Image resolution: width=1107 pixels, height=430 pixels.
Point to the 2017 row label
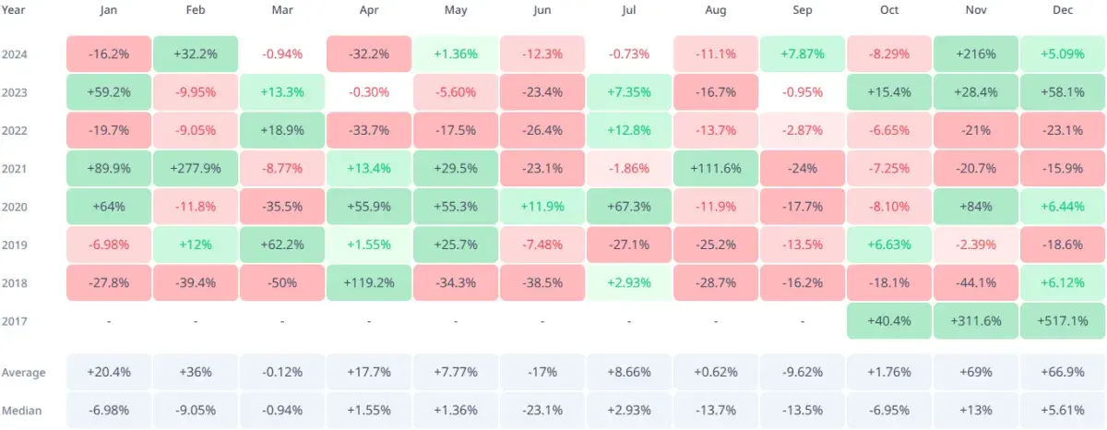pyautogui.click(x=16, y=321)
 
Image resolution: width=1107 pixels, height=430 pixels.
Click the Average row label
pyautogui.click(x=23, y=373)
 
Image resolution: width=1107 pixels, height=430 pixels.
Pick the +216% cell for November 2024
pyautogui.click(x=976, y=54)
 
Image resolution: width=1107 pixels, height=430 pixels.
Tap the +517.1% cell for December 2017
pyautogui.click(x=1063, y=321)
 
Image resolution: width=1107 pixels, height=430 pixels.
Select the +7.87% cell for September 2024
pyautogui.click(x=803, y=54)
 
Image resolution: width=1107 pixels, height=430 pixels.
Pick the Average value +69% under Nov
pyautogui.click(x=976, y=373)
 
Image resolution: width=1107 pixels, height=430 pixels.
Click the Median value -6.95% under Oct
pyautogui.click(x=889, y=410)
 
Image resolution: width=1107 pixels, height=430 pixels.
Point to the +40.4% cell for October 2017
pyautogui.click(x=889, y=321)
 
